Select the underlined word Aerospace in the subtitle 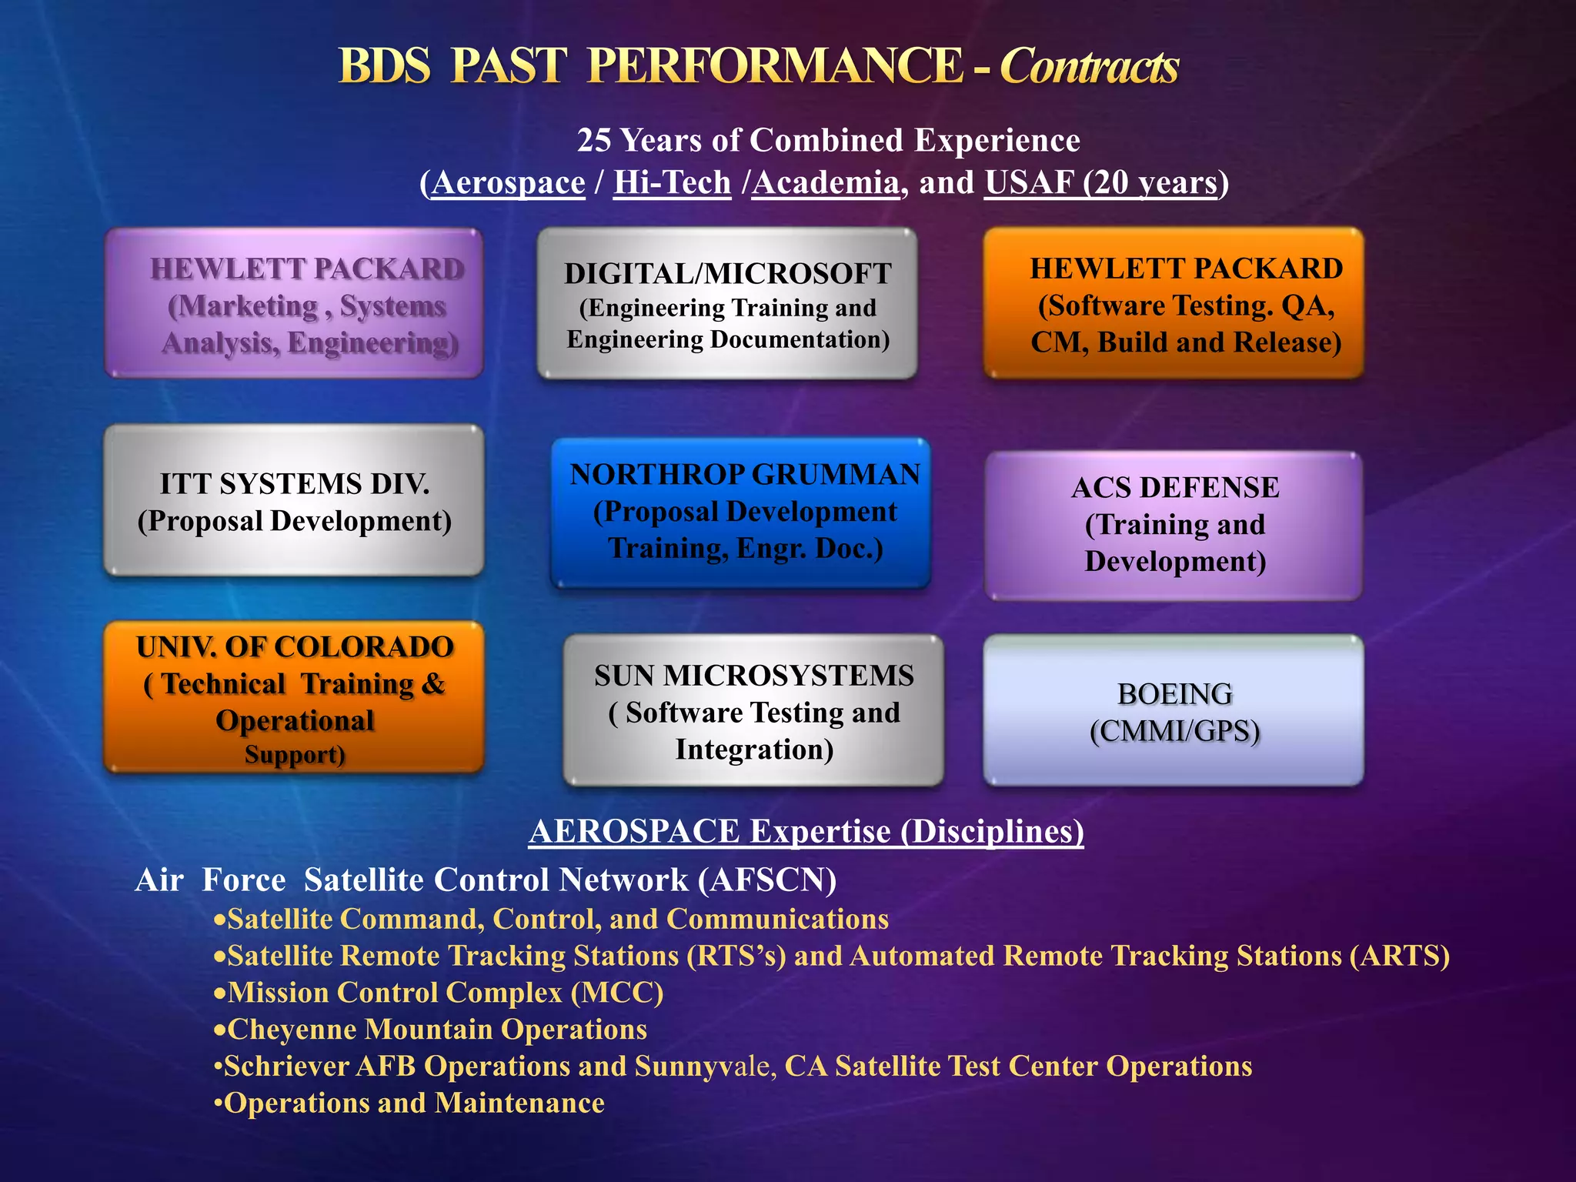coord(508,183)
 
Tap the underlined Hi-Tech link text coord(672,183)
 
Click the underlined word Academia coord(825,183)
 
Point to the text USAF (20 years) coord(1101,183)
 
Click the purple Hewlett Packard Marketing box coord(294,303)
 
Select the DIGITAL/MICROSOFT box coord(727,303)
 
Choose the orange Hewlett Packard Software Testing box coord(1174,303)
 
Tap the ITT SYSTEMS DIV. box coord(294,501)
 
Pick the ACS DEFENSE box coord(1174,526)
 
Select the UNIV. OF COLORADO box coord(294,697)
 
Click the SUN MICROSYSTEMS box coord(753,710)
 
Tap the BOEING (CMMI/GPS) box coord(1174,710)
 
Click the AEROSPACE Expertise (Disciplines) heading coord(806,832)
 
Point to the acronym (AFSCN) coord(766,880)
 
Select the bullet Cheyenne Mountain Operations coord(436,1030)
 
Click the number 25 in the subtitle coord(593,141)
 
